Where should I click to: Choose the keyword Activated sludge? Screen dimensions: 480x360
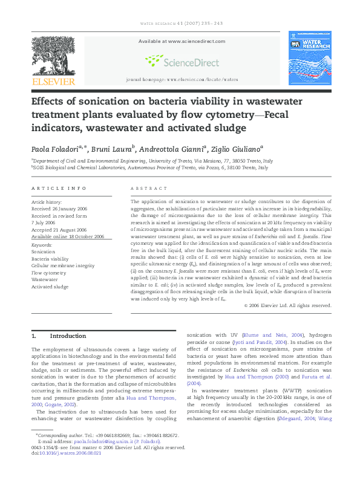(50, 287)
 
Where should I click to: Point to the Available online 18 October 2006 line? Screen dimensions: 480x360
(67, 237)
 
